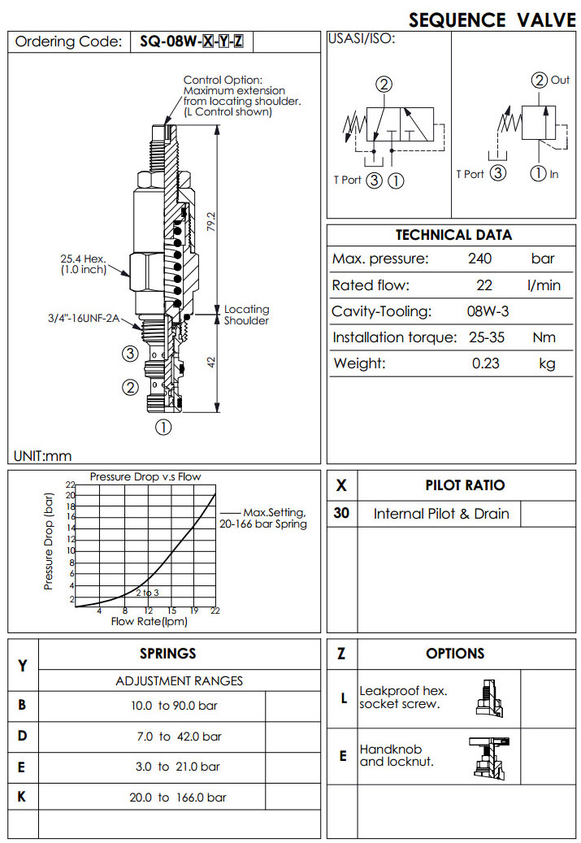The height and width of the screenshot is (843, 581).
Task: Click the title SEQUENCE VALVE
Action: [492, 20]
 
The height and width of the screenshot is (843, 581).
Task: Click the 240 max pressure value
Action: [480, 259]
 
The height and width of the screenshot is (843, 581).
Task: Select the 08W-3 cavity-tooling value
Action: [486, 311]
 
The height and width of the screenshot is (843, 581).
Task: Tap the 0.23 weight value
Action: [485, 363]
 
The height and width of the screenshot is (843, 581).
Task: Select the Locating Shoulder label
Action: [246, 315]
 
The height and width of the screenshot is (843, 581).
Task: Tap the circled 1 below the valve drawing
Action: [163, 426]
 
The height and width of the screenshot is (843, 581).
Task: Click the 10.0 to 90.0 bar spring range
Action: [176, 706]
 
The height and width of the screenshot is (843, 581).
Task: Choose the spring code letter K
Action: [22, 797]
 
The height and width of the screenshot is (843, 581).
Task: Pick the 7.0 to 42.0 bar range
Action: [176, 737]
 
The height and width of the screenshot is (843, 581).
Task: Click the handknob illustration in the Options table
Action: [489, 756]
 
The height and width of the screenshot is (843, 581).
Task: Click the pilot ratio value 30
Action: [341, 513]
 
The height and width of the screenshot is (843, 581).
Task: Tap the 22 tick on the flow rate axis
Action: [215, 611]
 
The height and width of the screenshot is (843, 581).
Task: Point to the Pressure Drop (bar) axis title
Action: [49, 541]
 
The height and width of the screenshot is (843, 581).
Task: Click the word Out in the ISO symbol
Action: [560, 80]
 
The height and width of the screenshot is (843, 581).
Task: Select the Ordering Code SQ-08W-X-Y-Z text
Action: [190, 41]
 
